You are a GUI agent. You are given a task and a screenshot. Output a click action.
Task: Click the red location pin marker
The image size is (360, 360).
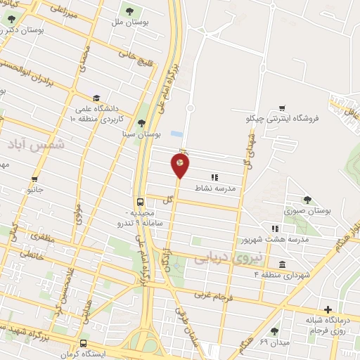181,165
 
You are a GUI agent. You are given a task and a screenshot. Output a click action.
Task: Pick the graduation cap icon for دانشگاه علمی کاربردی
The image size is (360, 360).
96,98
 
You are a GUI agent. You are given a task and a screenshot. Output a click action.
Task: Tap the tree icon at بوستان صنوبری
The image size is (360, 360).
307,200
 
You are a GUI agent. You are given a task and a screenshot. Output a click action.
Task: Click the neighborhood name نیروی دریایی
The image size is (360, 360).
221,259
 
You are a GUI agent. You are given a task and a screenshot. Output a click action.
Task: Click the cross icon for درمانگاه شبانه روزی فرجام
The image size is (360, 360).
327,310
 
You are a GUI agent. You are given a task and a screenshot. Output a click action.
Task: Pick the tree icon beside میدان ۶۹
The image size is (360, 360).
274,331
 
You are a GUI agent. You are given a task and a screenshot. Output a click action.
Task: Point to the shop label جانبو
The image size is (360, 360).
35,189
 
